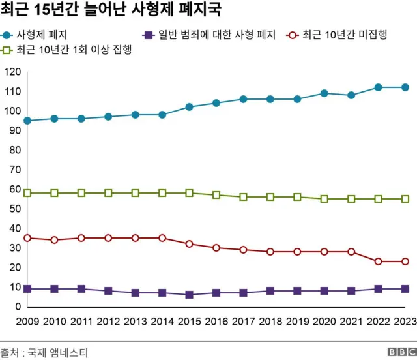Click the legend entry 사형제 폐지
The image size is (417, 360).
pyautogui.click(x=43, y=35)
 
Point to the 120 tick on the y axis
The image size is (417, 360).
pyautogui.click(x=12, y=72)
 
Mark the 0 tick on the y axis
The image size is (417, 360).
pyautogui.click(x=18, y=307)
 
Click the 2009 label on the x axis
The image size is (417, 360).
pyautogui.click(x=27, y=321)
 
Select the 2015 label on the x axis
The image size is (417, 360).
pyautogui.click(x=189, y=321)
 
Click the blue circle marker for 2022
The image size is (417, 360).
pyautogui.click(x=378, y=87)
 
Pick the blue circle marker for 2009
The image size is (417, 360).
pyautogui.click(x=27, y=121)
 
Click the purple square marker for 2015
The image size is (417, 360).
pyautogui.click(x=189, y=295)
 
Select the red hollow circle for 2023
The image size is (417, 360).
pyautogui.click(x=405, y=262)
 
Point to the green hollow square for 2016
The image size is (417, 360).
pyautogui.click(x=216, y=195)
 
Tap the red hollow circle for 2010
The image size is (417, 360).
pyautogui.click(x=54, y=240)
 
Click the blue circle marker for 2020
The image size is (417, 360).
pyautogui.click(x=324, y=93)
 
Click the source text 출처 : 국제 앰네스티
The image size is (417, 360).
pyautogui.click(x=44, y=353)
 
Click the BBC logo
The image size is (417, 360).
pyautogui.click(x=399, y=352)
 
